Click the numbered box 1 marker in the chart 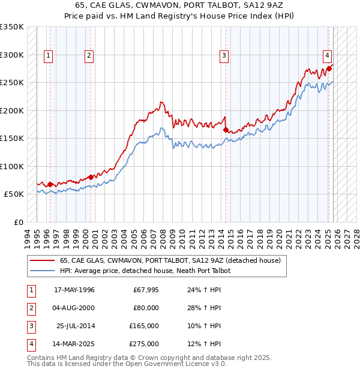tap(47, 56)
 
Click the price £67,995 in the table tap(146, 290)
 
